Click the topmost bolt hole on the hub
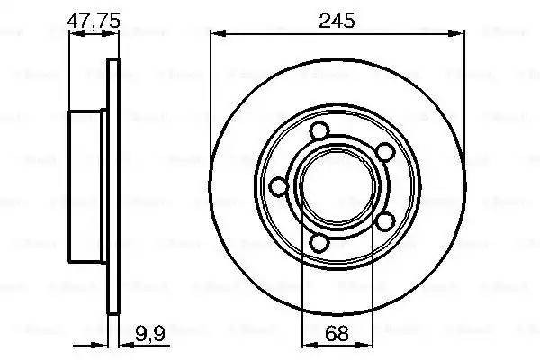tap(317, 132)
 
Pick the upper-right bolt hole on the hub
tap(383, 151)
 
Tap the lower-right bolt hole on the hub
tap(385, 220)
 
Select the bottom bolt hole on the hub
tap(319, 242)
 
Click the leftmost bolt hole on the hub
tap(278, 186)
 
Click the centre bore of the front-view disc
tap(337, 186)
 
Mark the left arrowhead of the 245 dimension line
tap(216, 32)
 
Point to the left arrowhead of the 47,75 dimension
tap(74, 32)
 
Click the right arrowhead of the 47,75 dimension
tap(114, 32)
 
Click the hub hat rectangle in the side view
tap(86, 186)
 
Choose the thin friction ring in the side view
tap(112, 186)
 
